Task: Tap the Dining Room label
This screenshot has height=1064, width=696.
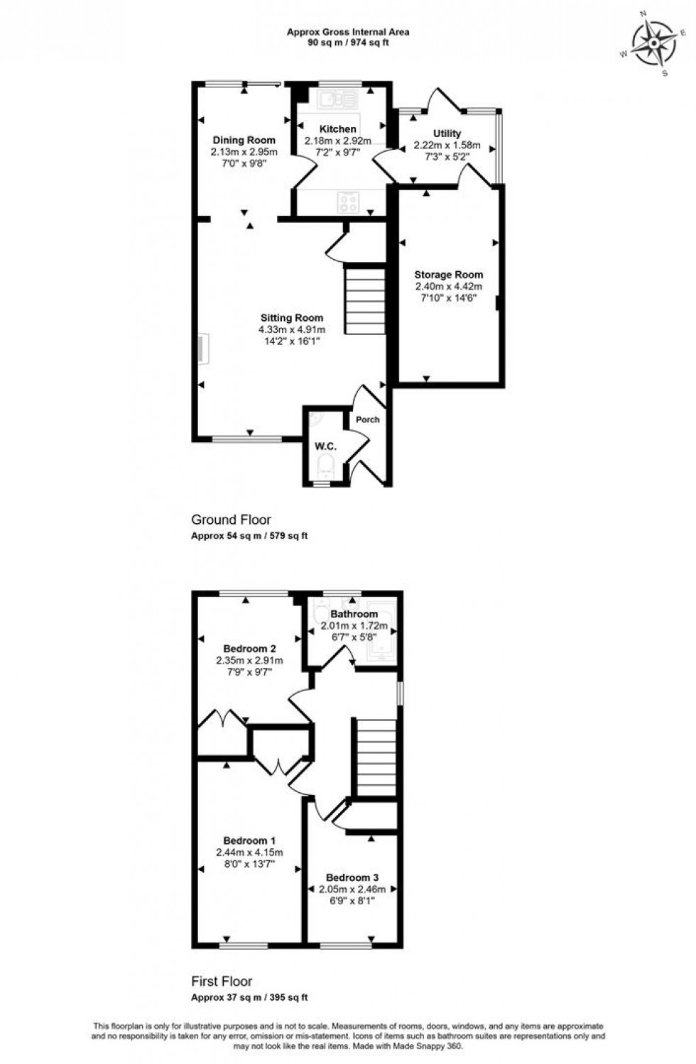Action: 244,140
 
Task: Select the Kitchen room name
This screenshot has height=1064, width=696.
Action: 338,129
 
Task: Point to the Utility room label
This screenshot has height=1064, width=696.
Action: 447,133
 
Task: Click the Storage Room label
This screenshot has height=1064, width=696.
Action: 449,275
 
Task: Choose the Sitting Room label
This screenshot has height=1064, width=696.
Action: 292,318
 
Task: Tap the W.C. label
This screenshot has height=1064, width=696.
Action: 325,446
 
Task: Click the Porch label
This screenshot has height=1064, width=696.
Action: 368,419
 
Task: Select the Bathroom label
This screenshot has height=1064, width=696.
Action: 354,614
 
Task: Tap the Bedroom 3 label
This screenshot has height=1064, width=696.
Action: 352,877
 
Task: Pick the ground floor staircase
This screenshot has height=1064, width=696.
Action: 366,299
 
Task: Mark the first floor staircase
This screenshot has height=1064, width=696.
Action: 374,757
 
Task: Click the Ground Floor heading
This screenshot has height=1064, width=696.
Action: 232,520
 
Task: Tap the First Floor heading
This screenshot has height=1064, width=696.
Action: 222,982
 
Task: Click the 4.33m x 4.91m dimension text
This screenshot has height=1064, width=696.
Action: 292,330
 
